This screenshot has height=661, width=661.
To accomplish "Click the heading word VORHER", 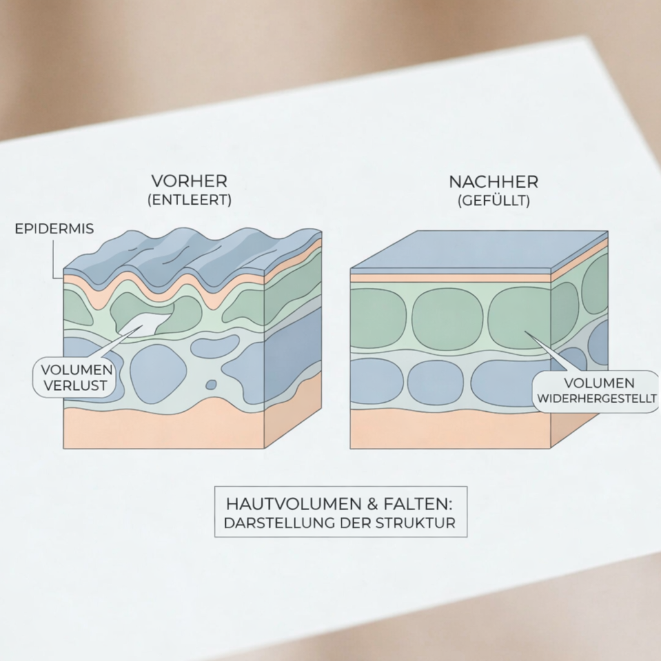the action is point(189,181).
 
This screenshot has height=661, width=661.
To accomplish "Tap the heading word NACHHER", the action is point(494,182).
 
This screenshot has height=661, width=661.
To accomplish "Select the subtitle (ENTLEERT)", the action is point(190,200).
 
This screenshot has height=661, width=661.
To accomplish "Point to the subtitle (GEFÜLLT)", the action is point(494,201).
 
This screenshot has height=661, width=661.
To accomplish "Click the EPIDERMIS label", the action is point(54,229).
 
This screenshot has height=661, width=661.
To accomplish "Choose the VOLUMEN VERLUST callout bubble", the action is point(74,377).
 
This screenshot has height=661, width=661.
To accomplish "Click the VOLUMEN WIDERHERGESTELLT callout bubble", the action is point(596,391).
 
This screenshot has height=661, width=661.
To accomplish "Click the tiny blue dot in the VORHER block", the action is point(211,385).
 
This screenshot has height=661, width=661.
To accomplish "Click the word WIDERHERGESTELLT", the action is point(597,398).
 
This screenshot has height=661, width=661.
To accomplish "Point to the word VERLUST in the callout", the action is point(75,385).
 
